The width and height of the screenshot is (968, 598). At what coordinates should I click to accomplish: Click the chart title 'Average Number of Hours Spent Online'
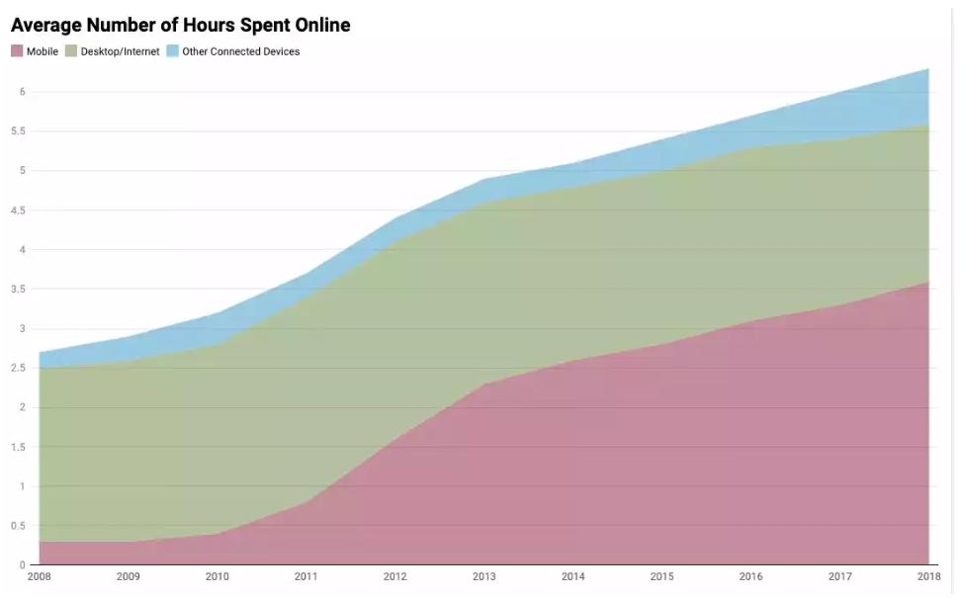180,24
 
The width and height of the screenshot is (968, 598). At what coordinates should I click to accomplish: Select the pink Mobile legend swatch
17,51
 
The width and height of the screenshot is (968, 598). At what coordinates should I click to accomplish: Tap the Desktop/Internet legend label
120,51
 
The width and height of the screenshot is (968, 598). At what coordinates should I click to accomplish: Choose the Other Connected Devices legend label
240,51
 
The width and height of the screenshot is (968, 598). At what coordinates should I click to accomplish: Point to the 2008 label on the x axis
39,575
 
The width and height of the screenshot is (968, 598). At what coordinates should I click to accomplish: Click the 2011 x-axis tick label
306,575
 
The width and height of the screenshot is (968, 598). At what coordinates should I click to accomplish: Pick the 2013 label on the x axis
484,575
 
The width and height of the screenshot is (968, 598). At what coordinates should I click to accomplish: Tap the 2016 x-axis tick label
750,575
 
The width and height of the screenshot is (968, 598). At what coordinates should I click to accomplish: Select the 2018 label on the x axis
927,575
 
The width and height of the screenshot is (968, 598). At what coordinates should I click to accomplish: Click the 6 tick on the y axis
21,92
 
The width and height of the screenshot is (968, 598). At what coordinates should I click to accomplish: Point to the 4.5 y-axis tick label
17,211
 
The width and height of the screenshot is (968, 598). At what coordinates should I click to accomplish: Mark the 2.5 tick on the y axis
17,369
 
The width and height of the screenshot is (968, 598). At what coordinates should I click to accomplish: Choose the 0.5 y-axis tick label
17,526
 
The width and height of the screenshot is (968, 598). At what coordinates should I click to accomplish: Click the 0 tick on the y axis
21,565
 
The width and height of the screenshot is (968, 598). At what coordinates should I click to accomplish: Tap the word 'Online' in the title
317,24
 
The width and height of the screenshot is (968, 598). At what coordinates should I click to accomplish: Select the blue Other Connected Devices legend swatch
172,51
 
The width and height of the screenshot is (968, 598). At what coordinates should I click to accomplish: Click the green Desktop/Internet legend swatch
70,51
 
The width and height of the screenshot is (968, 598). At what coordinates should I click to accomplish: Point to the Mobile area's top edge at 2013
484,384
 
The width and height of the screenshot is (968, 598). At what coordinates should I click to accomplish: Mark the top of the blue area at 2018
927,69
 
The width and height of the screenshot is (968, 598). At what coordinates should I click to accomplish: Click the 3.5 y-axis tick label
17,290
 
